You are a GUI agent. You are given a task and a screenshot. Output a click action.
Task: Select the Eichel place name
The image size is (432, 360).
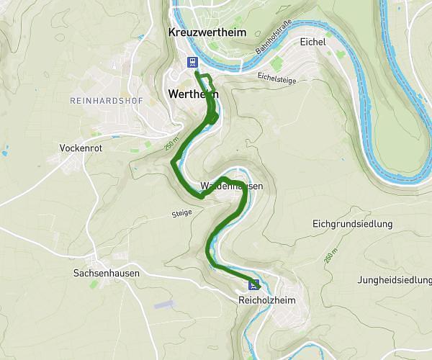[x=314, y=42]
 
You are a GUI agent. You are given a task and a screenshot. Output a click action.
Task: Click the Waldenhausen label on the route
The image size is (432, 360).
[x=232, y=186]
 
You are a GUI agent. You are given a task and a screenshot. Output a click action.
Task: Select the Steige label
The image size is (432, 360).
[x=182, y=214]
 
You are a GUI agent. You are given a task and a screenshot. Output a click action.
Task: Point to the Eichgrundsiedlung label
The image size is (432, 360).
[x=353, y=224]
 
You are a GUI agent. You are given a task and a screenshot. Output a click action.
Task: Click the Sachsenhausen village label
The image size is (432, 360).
[x=106, y=274]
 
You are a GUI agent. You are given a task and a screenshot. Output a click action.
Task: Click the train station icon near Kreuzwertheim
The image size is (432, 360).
[x=193, y=62]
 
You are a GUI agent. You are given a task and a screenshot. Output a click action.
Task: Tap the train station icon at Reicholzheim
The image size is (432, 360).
[x=253, y=283]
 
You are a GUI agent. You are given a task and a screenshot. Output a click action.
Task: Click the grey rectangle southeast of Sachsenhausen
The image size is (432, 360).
[x=163, y=305]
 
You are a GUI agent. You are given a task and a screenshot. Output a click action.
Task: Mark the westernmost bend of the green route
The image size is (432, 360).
[x=171, y=163]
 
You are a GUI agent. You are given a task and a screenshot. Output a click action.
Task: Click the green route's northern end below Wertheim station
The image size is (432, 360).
[x=197, y=73]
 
